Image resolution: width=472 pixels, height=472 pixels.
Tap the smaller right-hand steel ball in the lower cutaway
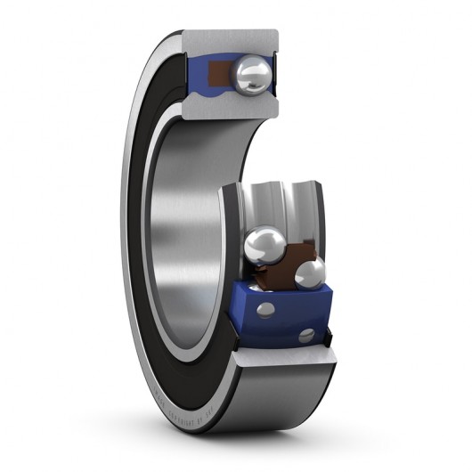[x=310, y=274]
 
